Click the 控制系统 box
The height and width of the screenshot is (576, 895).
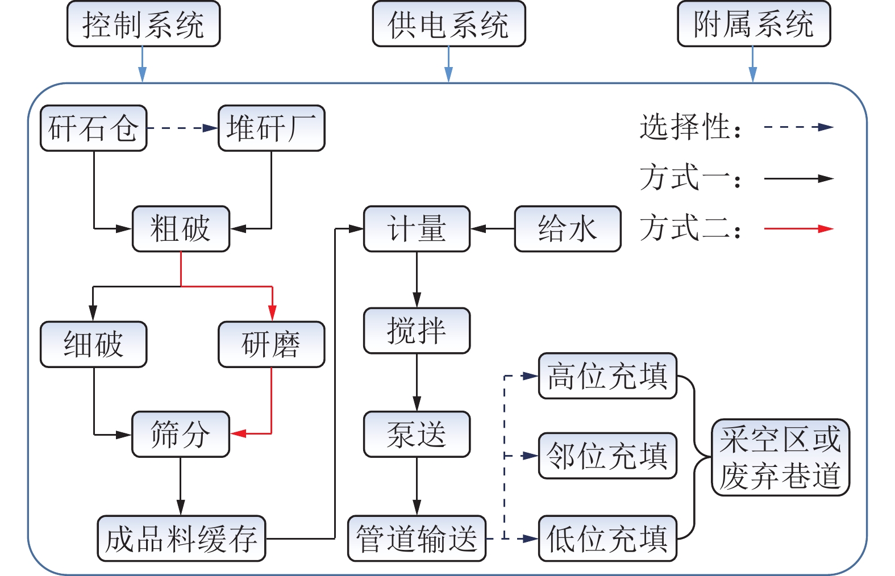click(143, 24)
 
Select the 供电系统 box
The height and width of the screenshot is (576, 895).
click(448, 24)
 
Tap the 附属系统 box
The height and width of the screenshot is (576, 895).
click(754, 24)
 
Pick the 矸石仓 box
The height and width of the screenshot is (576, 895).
click(93, 128)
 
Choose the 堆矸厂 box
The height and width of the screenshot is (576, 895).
click(271, 128)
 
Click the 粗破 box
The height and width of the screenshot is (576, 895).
click(181, 229)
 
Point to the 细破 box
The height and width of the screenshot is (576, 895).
click(93, 344)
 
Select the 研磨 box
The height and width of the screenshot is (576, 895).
click(271, 344)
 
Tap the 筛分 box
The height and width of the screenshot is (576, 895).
click(181, 434)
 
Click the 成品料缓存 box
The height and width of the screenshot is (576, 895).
click(181, 539)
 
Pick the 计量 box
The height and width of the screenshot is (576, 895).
click(417, 229)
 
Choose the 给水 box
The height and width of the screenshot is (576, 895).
click(567, 229)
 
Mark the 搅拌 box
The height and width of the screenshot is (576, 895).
click(417, 331)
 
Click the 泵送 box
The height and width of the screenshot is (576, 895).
click(417, 434)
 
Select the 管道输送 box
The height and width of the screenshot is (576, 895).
click(417, 539)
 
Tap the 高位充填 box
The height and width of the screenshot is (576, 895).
click(607, 375)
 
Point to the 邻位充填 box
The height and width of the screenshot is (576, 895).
click(607, 456)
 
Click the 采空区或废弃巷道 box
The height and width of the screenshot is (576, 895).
click(780, 457)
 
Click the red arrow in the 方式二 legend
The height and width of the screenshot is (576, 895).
click(798, 229)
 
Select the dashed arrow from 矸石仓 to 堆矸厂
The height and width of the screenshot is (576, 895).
click(182, 128)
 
